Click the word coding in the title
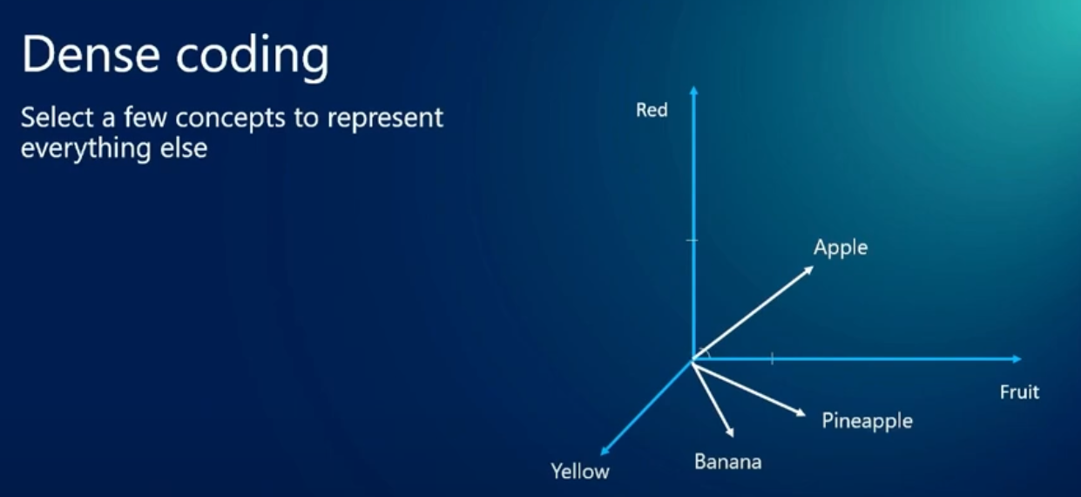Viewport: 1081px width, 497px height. coord(253,57)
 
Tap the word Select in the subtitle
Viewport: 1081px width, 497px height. coord(57,118)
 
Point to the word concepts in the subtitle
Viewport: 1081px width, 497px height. coord(230,119)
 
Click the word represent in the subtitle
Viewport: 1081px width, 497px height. coord(385,119)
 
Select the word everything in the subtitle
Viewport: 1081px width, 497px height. coord(86,149)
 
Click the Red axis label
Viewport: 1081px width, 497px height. coord(652,110)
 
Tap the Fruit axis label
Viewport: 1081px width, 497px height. coord(1020,391)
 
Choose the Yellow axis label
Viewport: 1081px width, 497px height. coord(580,471)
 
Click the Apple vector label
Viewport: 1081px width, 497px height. coord(841,248)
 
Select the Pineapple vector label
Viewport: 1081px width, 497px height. coord(868,421)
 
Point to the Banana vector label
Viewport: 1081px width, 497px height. coord(727,462)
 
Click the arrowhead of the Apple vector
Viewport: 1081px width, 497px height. coord(807,270)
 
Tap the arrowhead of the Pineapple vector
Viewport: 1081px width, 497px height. coord(801,412)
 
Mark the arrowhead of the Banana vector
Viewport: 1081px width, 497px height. coord(730,432)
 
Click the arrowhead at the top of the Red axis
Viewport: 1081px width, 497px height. coord(693,91)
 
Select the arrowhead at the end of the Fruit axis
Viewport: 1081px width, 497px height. coord(1017,359)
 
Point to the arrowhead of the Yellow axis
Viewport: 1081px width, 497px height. coord(605,451)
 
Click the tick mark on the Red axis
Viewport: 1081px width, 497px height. coord(692,240)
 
